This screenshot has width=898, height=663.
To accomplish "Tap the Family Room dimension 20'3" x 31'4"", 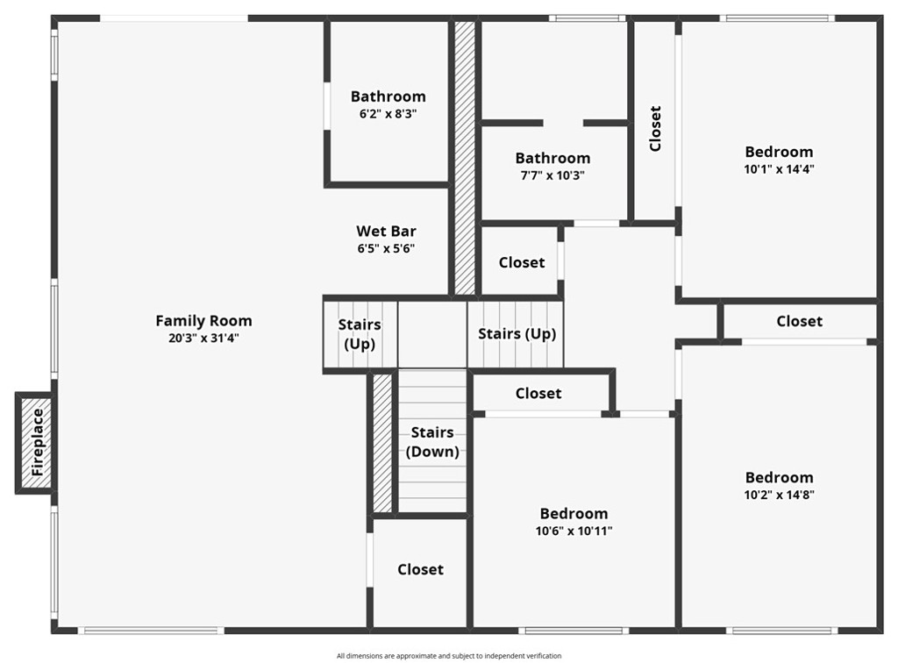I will tap(203, 338).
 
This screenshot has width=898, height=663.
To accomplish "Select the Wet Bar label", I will tap(386, 232).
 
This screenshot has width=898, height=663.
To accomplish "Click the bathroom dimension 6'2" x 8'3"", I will tap(388, 113).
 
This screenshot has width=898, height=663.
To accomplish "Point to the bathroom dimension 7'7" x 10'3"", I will tap(552, 175).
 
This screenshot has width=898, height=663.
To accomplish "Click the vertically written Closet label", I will tap(655, 129).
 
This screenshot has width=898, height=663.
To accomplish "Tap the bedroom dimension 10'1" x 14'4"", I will tap(779, 169).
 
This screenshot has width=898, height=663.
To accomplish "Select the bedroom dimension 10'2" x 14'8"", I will tap(779, 495).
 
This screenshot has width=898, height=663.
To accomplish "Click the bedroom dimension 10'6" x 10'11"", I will tap(574, 531).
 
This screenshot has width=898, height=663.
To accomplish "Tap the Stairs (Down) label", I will tap(432, 442).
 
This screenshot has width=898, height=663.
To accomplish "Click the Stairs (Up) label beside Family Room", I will tap(360, 334).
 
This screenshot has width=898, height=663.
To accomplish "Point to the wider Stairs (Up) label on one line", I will tap(517, 334).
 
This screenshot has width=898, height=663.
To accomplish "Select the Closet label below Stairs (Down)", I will tap(420, 569).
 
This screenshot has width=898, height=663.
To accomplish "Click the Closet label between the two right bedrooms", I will tap(799, 321).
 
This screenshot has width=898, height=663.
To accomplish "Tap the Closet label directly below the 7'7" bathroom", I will tap(522, 262).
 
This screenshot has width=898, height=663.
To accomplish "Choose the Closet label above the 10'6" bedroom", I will tap(538, 394).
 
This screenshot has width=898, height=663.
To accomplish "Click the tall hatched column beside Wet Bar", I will tap(465, 158).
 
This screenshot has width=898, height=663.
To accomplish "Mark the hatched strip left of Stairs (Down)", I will tap(382, 443).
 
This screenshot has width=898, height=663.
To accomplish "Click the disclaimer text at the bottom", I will tap(448, 655).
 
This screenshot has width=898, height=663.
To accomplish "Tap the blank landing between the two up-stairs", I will tap(432, 334).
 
